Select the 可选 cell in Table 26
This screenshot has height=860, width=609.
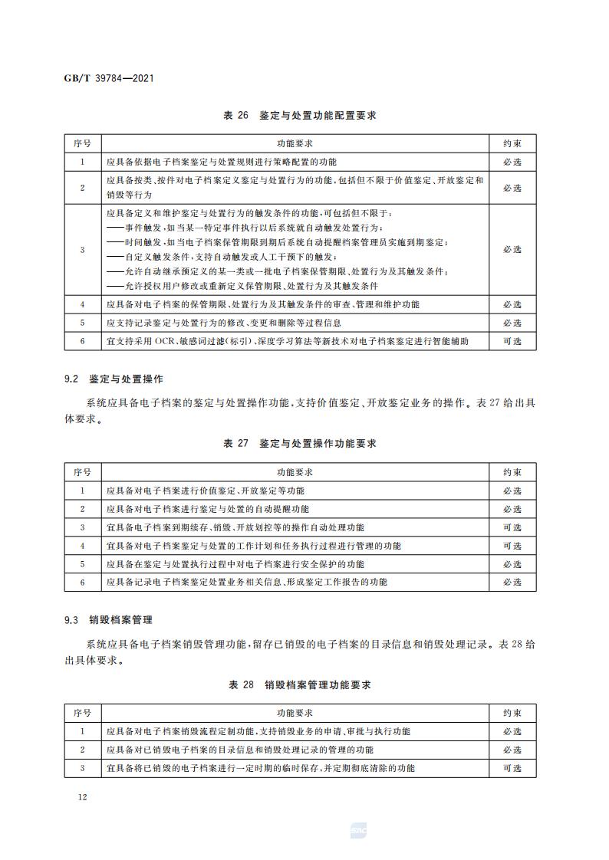tap(512, 341)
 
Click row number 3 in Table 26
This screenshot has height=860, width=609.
tap(82, 250)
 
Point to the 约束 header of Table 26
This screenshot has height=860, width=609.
tap(512, 143)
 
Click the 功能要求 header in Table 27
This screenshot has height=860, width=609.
tap(295, 472)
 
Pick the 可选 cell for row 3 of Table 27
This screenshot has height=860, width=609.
tap(512, 527)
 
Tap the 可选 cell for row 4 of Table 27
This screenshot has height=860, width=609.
tap(512, 546)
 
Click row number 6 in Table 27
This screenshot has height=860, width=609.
tap(82, 582)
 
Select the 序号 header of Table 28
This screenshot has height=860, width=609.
tap(82, 713)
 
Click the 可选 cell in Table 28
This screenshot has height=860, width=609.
tap(512, 768)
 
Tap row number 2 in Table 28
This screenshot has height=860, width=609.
tap(82, 750)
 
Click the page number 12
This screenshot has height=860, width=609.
tap(82, 797)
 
